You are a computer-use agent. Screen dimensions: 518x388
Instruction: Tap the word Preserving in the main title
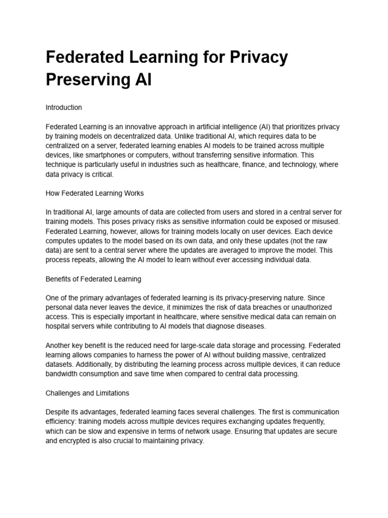pyautogui.click(x=86, y=80)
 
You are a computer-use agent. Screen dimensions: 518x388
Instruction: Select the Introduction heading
pyautogui.click(x=64, y=108)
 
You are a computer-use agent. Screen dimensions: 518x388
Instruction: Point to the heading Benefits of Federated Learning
pyautogui.click(x=93, y=279)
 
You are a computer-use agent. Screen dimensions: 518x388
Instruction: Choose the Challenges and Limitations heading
pyautogui.click(x=87, y=393)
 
